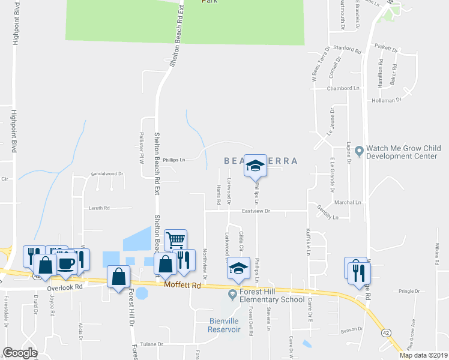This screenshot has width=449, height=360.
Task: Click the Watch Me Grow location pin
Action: point(358,151)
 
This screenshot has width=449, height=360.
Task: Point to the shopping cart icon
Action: point(175,240)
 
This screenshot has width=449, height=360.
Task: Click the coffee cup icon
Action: point(67,263)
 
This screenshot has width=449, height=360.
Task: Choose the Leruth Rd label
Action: point(99,208)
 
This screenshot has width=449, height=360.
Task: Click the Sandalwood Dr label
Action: point(106,173)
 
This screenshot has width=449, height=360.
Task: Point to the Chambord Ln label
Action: point(343,88)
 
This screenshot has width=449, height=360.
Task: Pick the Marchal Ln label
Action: point(350,202)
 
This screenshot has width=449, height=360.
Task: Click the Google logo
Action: point(20,353)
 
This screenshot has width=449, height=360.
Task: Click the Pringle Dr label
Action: point(407,290)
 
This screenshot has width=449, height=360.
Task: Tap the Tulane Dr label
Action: point(152,344)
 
